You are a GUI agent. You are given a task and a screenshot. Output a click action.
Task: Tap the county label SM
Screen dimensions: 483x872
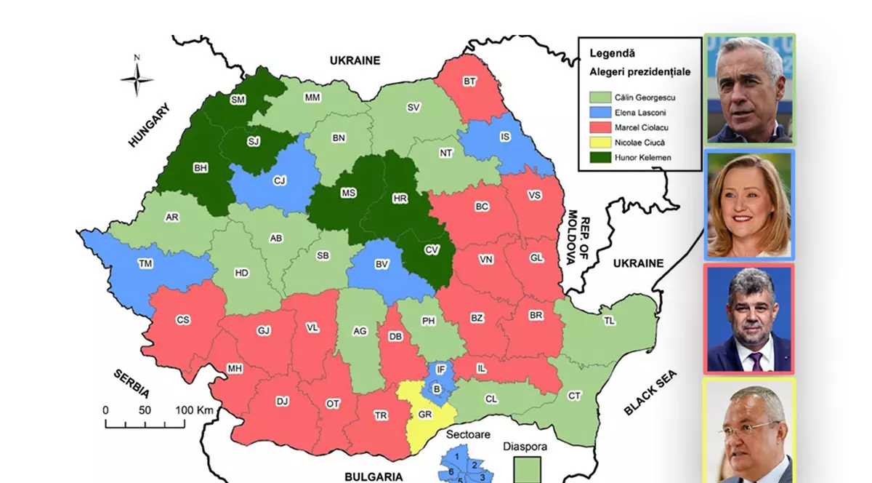coord(238,100)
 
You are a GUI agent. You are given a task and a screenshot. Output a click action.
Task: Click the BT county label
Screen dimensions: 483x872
coord(469,81)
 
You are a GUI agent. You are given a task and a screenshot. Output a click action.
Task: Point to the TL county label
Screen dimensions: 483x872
coord(608,320)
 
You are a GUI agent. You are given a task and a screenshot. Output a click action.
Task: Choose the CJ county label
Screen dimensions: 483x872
coord(280,180)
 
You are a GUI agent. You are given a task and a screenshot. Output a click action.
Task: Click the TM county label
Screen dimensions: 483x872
coord(146,264)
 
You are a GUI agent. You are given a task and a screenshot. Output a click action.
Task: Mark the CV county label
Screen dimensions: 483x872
coord(432,250)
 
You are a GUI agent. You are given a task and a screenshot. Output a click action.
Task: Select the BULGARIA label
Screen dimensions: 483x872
coord(374,476)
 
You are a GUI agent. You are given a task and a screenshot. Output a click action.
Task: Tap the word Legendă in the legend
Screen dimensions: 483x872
coord(612,53)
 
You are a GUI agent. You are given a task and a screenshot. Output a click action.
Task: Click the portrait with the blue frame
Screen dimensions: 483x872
coord(749,204)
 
